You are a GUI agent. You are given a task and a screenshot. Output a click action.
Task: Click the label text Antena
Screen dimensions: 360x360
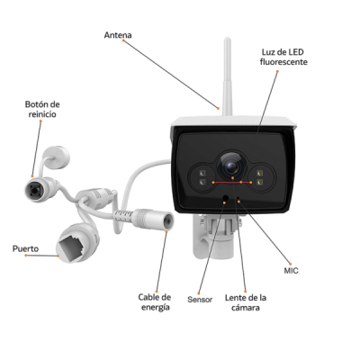[118, 35]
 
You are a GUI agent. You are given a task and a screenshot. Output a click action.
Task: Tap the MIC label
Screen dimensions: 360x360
[291, 271]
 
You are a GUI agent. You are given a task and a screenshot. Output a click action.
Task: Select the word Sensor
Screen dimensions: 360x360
[200, 300]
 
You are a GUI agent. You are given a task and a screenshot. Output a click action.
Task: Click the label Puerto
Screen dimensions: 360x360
[25, 248]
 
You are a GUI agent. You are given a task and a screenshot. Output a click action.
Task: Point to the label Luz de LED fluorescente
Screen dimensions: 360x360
[283, 57]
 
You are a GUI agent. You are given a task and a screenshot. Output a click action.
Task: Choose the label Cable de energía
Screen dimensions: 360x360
[155, 302]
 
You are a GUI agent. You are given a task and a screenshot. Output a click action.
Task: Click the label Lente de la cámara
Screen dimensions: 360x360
[246, 302]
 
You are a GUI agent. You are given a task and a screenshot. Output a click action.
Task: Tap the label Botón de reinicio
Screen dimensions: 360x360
[42, 109]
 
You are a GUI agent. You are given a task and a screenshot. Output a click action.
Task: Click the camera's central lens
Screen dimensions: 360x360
[230, 166]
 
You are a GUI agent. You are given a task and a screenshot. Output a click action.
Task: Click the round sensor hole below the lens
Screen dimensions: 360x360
[226, 198]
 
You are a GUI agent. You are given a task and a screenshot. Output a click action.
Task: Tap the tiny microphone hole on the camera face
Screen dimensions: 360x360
[238, 197]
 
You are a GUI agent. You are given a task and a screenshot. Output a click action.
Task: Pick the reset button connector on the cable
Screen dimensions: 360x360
[34, 190]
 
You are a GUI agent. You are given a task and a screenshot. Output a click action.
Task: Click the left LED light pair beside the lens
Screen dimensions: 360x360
[202, 177]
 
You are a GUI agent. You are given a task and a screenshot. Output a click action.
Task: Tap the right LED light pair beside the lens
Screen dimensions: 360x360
[259, 177]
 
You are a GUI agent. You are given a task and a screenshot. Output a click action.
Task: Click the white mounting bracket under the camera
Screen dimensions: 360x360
[213, 236]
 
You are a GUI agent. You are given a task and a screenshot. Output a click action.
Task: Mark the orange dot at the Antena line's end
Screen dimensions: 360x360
[219, 108]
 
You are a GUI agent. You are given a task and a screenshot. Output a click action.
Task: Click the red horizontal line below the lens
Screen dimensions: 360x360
[232, 182]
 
